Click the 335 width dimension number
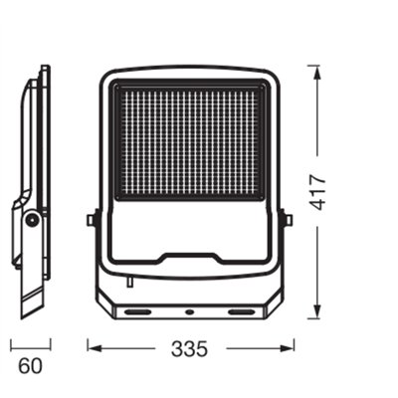click(x=190, y=348)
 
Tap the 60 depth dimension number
click(x=30, y=366)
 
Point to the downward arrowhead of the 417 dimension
click(x=317, y=310)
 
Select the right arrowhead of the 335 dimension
click(x=286, y=348)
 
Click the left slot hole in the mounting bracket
click(x=138, y=311)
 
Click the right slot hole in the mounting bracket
click(x=241, y=311)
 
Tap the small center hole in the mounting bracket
click(x=190, y=311)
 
